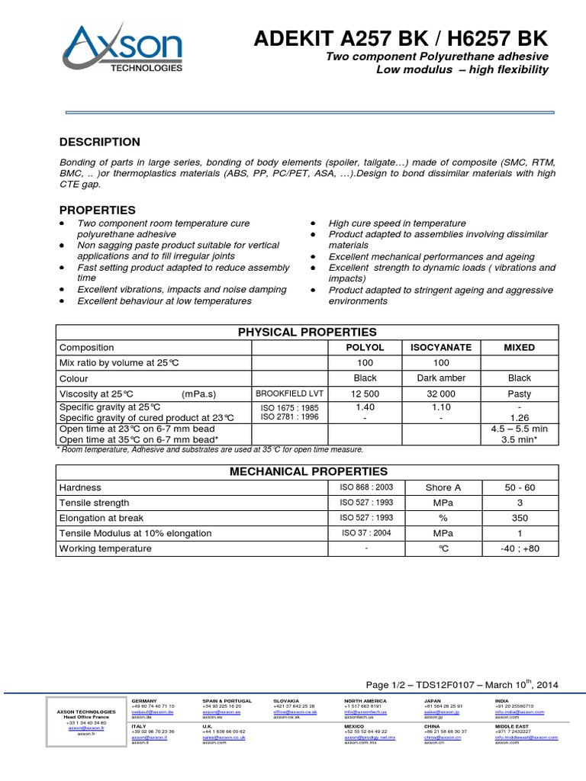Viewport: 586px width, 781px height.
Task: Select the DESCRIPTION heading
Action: (x=100, y=142)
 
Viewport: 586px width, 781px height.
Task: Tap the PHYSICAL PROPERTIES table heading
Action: (x=307, y=332)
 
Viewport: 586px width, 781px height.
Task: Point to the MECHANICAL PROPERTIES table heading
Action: (x=308, y=471)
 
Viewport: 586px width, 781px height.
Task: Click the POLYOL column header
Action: (x=365, y=347)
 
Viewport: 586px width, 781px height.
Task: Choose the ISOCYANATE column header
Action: (x=442, y=347)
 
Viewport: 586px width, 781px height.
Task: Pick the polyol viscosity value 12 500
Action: (x=365, y=394)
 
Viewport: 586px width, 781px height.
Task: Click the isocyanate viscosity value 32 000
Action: (x=442, y=394)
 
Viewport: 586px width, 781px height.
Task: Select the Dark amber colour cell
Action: (x=442, y=378)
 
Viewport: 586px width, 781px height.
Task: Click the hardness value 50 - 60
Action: (x=520, y=487)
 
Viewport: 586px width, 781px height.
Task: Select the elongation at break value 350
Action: (x=520, y=518)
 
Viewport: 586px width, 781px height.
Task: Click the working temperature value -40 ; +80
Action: (x=520, y=548)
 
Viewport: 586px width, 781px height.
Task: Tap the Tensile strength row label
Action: (x=95, y=503)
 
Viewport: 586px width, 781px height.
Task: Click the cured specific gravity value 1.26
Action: (x=520, y=417)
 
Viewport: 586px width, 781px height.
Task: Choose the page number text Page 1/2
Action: (x=390, y=685)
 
